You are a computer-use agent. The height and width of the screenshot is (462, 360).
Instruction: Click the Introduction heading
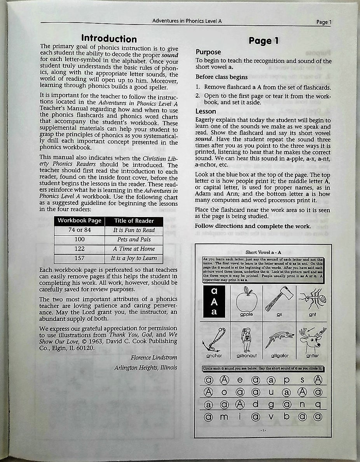pos(109,39)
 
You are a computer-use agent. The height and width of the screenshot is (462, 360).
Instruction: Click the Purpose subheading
pos(208,52)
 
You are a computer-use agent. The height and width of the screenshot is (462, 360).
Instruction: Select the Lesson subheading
pos(206,112)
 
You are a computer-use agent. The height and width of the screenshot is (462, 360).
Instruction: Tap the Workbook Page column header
pos(79,220)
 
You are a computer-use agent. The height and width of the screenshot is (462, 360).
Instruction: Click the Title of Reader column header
pos(134,220)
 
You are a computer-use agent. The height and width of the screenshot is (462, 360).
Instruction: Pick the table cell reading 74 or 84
pos(79,230)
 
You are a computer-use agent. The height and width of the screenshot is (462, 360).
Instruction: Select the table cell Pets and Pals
pos(134,239)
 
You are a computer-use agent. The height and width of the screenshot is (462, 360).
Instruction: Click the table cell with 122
pos(79,248)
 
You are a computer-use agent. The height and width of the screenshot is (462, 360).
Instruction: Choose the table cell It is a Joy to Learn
pos(134,258)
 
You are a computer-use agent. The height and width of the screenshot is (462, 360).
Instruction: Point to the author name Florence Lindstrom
pos(154,357)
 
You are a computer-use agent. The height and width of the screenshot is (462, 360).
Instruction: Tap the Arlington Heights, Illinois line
pos(146,367)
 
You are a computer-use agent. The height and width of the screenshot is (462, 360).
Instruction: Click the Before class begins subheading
pos(221,77)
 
